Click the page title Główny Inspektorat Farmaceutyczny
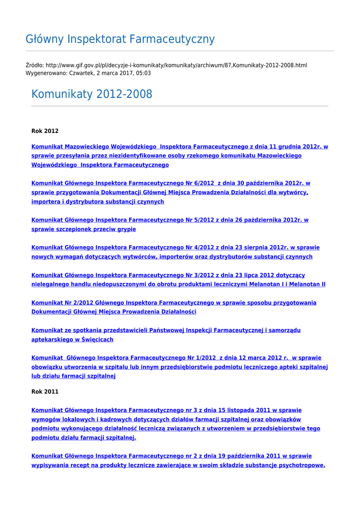click(120, 39)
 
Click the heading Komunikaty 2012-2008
click(92, 94)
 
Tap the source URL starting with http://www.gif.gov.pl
click(176, 65)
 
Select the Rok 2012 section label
click(45, 131)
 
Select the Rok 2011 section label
click(45, 391)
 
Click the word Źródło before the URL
click(34, 65)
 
